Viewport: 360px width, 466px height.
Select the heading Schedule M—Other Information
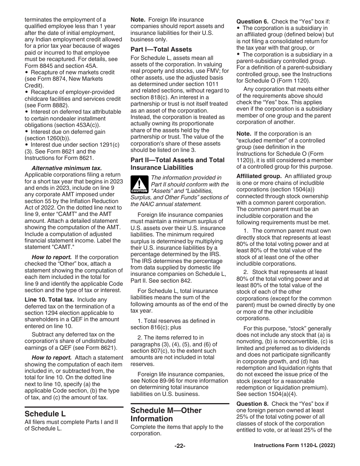coord(166,414)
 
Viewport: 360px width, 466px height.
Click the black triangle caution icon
coord(139,186)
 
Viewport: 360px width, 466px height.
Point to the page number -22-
coord(180,446)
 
